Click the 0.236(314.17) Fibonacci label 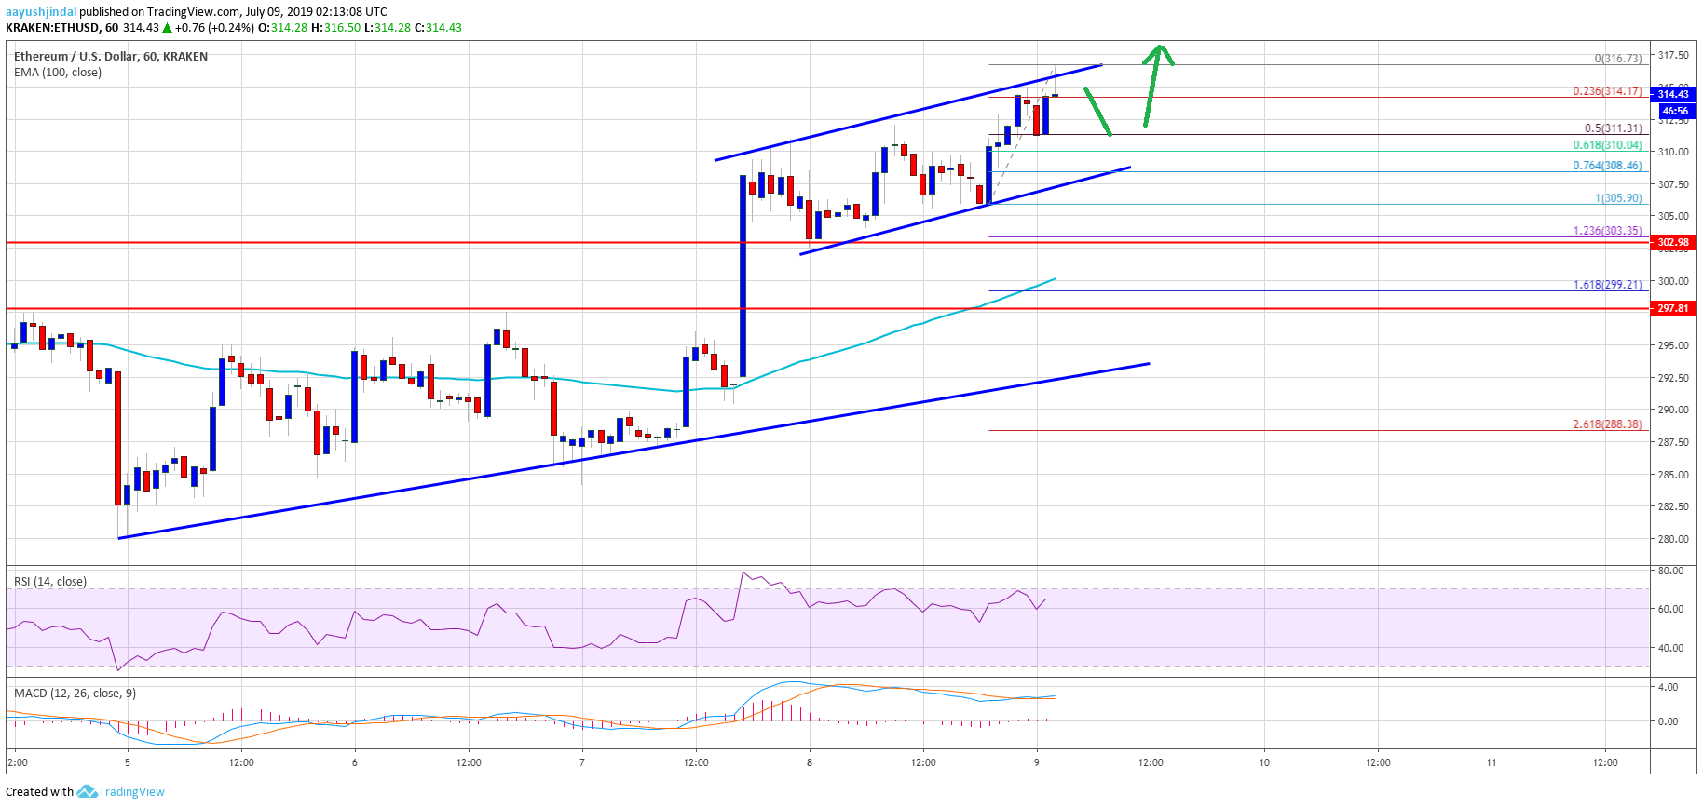coord(1607,91)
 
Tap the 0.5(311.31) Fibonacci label coord(1613,128)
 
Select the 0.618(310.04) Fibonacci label coord(1607,145)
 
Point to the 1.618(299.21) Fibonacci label coord(1607,285)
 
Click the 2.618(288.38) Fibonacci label coord(1607,424)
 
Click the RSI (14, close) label coord(50,582)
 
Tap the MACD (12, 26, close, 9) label coord(75,694)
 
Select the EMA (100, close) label coord(58,73)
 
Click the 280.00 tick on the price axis coord(1673,539)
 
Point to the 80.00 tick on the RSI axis coord(1670,571)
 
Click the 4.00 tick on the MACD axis coord(1668,687)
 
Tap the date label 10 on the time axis coord(1264,762)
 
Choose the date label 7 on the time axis coord(582,762)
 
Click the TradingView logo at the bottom coord(121,792)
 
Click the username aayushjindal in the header coord(41,12)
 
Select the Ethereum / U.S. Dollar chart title coord(111,57)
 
